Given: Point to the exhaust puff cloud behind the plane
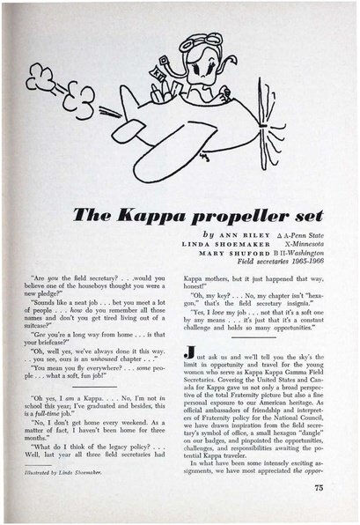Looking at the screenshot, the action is [x=71, y=99].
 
